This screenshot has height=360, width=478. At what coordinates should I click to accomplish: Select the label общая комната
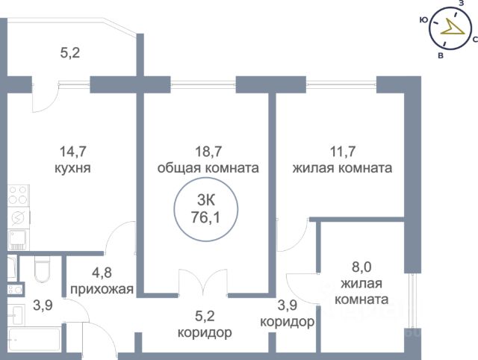click(208, 169)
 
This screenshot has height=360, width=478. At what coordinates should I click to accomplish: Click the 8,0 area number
click(364, 267)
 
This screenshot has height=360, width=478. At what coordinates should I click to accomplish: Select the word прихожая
click(102, 290)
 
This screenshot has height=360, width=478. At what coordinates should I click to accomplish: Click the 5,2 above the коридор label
click(205, 314)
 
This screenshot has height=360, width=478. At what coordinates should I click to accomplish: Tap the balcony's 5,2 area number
click(70, 53)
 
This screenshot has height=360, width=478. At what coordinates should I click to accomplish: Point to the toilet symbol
click(42, 270)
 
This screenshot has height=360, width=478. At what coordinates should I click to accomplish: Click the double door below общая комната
click(202, 284)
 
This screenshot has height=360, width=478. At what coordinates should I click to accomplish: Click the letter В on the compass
click(441, 55)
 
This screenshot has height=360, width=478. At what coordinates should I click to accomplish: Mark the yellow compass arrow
click(450, 28)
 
